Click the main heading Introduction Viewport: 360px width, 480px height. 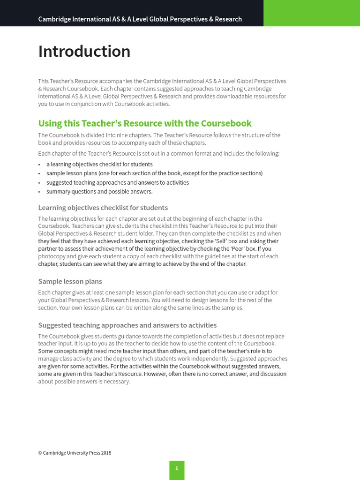[84, 51]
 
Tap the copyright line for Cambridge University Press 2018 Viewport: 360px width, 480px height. [75, 453]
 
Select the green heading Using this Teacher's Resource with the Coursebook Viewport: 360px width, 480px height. [145, 123]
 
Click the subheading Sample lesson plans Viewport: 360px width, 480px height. [70, 281]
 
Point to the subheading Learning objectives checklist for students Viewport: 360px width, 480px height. [103, 208]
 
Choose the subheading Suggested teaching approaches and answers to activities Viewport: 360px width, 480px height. [127, 325]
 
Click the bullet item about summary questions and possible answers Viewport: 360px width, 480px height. [99, 191]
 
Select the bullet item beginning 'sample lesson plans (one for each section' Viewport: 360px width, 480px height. [154, 173]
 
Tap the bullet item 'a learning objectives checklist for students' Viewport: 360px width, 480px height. [99, 164]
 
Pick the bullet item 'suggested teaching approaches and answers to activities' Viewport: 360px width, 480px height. [118, 182]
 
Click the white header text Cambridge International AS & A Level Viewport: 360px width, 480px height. [140, 19]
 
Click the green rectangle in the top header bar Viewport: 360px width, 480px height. [312, 13]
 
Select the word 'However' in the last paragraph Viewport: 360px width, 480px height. [157, 374]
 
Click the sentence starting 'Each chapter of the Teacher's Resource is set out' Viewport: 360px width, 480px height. [158, 153]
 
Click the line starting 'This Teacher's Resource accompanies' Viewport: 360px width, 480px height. [162, 81]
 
